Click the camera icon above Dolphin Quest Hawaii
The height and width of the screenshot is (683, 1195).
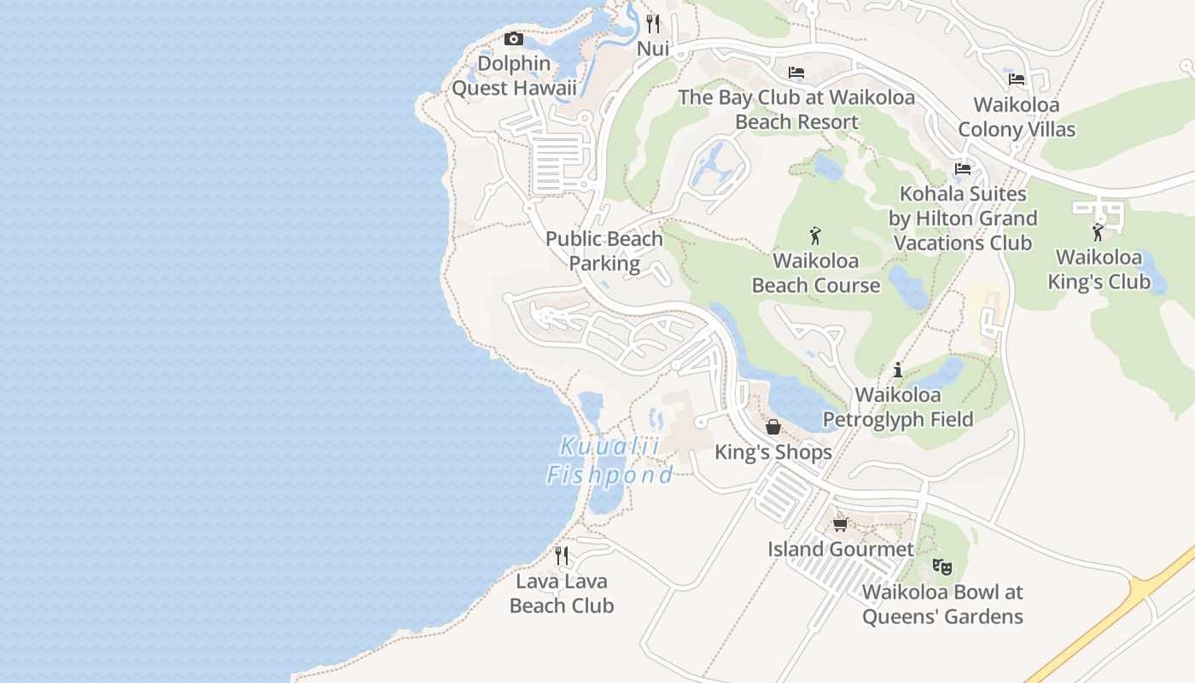(x=513, y=38)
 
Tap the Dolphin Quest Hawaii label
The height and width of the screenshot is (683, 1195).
(x=514, y=76)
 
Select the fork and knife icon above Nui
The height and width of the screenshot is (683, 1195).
(x=653, y=23)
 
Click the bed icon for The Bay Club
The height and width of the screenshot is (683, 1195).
(x=796, y=73)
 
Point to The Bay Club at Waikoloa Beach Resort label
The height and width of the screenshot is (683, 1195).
(x=796, y=109)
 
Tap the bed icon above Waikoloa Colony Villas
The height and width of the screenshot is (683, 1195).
(x=1017, y=79)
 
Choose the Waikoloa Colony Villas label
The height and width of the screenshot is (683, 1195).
(x=1017, y=117)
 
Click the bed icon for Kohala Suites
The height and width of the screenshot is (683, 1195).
(x=964, y=168)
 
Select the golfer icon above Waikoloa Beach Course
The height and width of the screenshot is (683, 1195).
(x=815, y=235)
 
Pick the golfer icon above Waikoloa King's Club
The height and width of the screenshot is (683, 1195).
(x=1098, y=231)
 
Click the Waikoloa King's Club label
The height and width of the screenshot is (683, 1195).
(x=1099, y=269)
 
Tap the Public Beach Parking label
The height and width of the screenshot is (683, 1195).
(x=604, y=251)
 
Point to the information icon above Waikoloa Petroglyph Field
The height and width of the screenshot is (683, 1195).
(x=897, y=370)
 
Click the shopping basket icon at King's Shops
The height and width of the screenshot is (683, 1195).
(x=773, y=427)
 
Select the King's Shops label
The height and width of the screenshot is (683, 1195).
(x=773, y=452)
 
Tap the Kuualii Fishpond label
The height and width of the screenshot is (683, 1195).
(x=609, y=460)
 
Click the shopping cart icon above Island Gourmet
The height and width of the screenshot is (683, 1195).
(x=840, y=524)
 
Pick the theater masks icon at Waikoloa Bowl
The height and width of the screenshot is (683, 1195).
(x=942, y=566)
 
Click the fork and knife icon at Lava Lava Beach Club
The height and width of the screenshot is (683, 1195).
(x=562, y=556)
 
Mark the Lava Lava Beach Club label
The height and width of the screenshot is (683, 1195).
(x=562, y=593)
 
